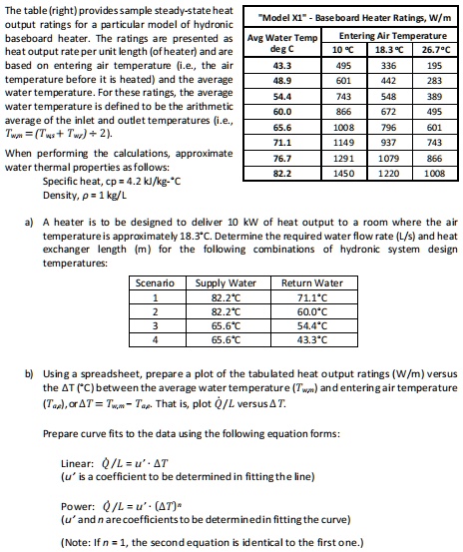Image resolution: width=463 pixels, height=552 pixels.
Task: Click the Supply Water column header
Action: pos(226,282)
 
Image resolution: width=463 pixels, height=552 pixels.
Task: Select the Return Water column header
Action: pos(311,282)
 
